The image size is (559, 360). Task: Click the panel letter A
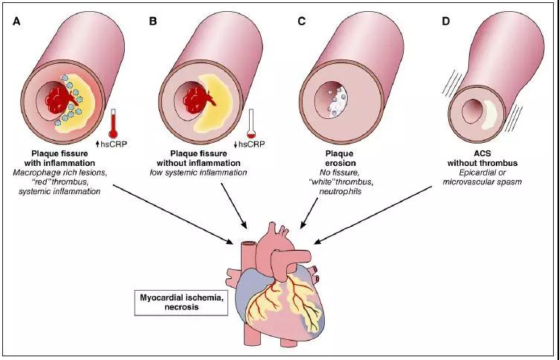pos(16,22)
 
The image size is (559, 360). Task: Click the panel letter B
pos(153,22)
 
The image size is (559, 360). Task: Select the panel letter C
pos(302,22)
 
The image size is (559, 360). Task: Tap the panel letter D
pos(445,22)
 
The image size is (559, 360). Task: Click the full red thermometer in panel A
pos(113,123)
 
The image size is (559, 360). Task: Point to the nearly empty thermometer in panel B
pos(251,123)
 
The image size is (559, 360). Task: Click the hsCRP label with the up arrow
pos(112,144)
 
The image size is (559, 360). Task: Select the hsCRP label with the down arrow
pos(249,144)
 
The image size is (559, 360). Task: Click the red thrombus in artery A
pos(59,100)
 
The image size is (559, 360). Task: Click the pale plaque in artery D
pos(489,114)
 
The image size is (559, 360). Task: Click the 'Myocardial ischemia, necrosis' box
pos(181,303)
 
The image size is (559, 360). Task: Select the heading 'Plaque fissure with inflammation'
pos(59,158)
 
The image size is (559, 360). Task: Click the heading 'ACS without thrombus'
pos(482,158)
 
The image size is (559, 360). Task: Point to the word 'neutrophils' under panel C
pos(340,192)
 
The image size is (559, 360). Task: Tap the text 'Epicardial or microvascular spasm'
pos(482,177)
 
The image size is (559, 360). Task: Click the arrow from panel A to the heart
pos(172,214)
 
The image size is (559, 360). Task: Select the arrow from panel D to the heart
pos(372,215)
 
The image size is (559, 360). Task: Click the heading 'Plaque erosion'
pos(340,158)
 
